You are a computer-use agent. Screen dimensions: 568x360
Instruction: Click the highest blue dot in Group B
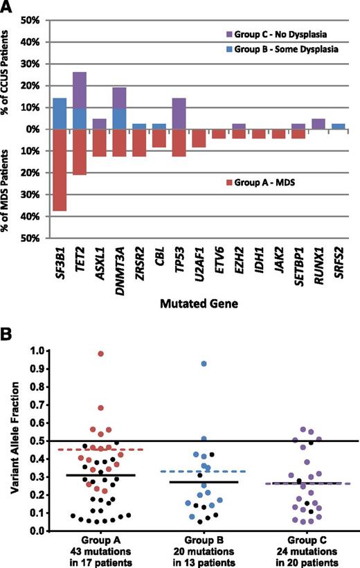pos(204,364)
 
